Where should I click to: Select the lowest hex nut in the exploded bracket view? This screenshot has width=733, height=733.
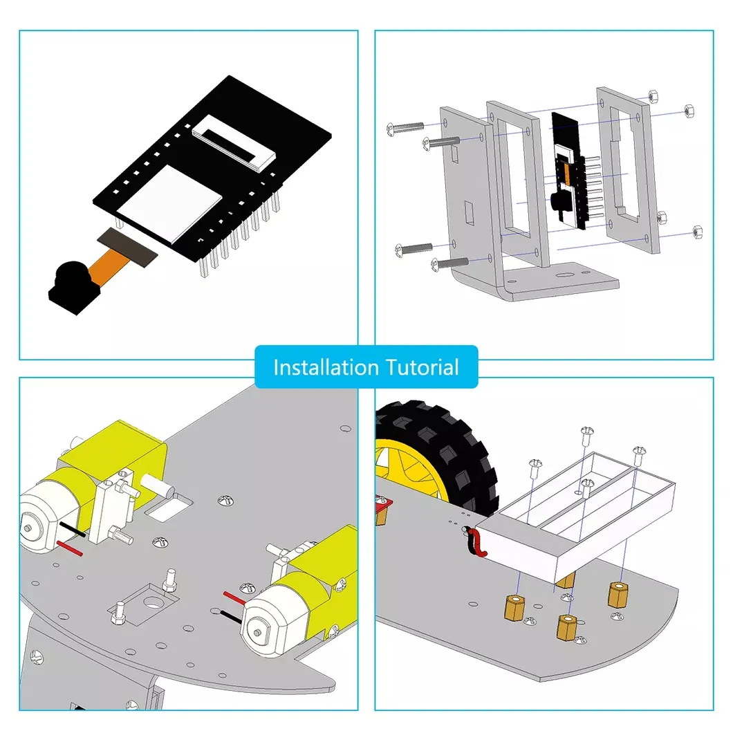[x=696, y=230]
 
